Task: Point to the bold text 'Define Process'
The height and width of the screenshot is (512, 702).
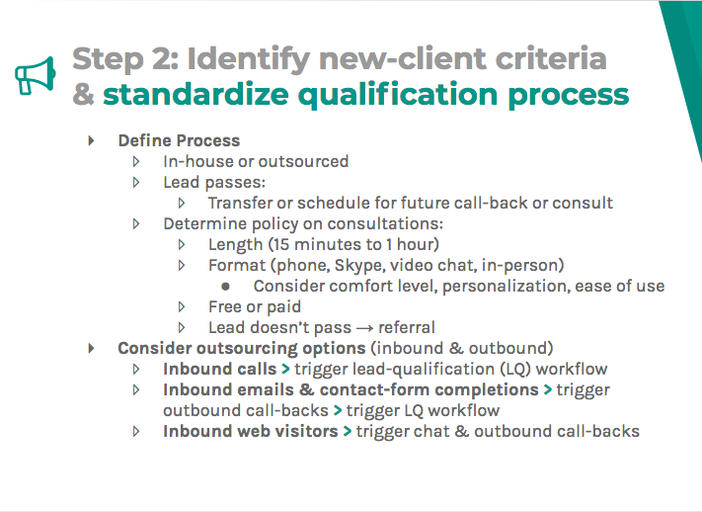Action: pos(179,140)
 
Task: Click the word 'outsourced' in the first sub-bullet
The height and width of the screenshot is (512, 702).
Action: pos(302,161)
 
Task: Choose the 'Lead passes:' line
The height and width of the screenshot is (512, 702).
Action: pos(214,182)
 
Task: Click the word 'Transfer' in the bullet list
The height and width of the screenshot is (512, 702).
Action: pos(242,203)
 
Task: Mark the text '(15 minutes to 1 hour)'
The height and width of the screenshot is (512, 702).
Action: pos(354,244)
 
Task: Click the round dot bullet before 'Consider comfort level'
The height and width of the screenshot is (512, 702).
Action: pos(226,287)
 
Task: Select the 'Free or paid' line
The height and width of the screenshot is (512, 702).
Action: pos(255,306)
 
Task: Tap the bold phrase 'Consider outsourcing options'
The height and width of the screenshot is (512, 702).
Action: pos(241,348)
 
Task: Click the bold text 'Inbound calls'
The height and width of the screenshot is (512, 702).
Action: pos(219,369)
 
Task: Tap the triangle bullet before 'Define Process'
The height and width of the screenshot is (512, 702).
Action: pos(92,140)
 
